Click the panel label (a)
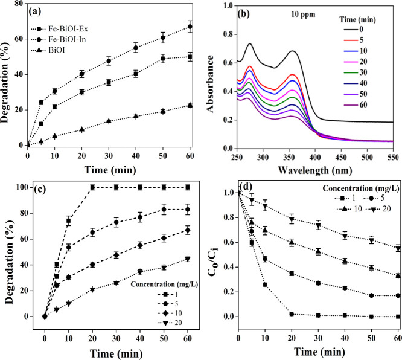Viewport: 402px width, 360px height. click(x=42, y=11)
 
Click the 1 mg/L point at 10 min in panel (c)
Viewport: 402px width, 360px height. click(x=69, y=221)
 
